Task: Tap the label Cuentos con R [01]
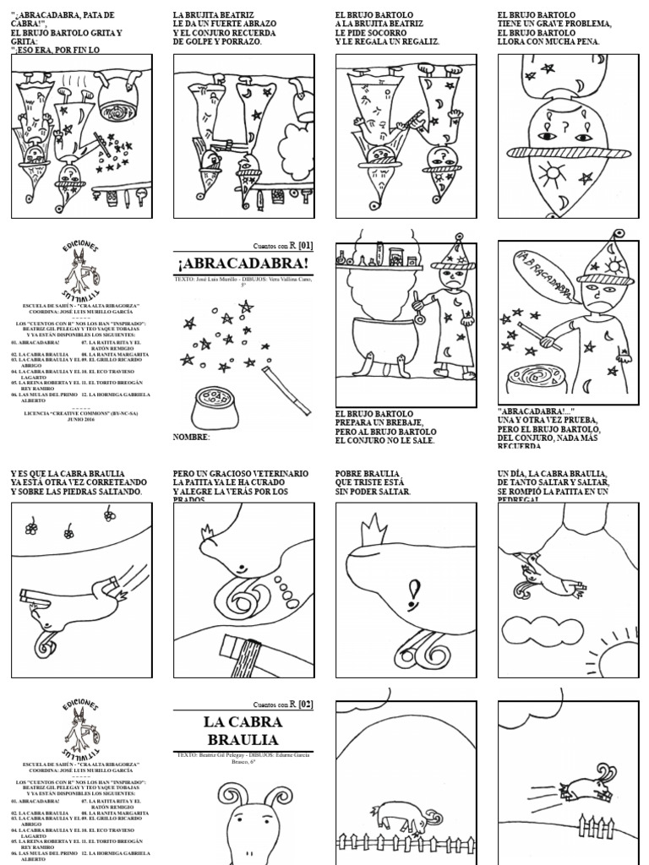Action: coord(283,245)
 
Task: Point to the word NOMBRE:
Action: coord(191,437)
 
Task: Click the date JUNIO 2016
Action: coord(81,418)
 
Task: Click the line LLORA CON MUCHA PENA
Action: coord(548,41)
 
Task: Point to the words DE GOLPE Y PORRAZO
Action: coord(217,41)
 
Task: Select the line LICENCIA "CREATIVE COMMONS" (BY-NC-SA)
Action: coord(81,411)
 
